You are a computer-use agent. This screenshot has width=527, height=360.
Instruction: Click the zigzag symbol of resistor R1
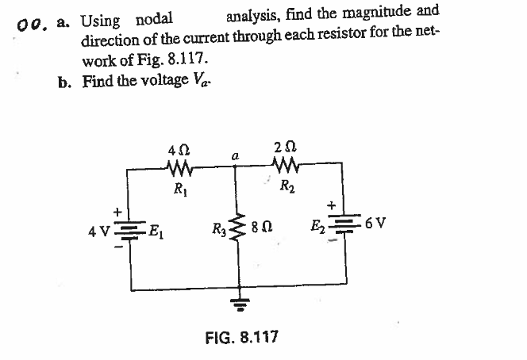click(x=182, y=168)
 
